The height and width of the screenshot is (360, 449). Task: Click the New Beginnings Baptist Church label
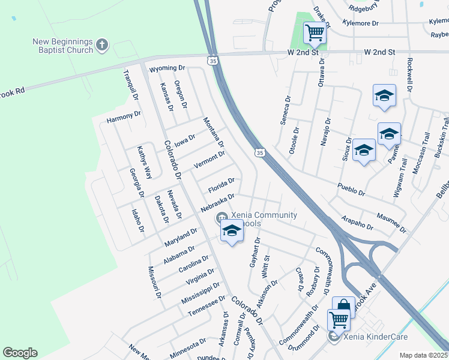(62, 46)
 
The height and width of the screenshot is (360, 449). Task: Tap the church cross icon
(103, 44)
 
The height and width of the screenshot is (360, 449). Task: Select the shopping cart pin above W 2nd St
(315, 32)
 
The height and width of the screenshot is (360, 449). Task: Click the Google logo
(20, 353)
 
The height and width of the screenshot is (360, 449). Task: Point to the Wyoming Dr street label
(167, 68)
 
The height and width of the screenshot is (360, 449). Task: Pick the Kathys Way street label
(144, 162)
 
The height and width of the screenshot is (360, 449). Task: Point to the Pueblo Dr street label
(351, 190)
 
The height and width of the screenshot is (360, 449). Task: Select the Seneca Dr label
(285, 110)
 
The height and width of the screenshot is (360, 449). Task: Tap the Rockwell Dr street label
(409, 74)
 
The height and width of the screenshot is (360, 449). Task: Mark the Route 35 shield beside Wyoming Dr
(212, 61)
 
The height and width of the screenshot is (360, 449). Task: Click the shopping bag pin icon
(343, 307)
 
